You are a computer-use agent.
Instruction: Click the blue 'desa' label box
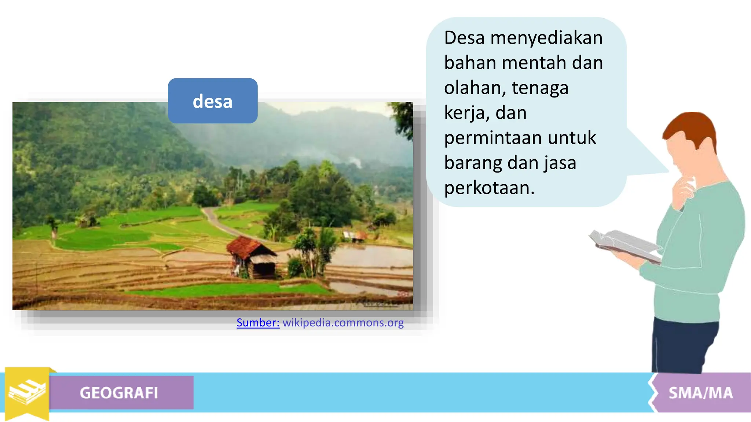click(213, 101)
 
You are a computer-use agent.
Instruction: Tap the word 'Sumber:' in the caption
click(258, 323)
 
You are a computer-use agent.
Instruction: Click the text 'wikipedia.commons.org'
click(343, 323)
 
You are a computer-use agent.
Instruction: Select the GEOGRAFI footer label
click(119, 393)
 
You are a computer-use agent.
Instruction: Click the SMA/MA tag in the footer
click(700, 393)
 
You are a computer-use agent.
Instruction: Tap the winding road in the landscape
click(220, 223)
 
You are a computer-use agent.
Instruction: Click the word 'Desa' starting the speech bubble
click(464, 38)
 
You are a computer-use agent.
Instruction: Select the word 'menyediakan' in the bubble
click(546, 38)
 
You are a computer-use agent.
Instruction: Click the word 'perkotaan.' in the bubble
click(490, 188)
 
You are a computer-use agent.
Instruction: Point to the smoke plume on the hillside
click(354, 161)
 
